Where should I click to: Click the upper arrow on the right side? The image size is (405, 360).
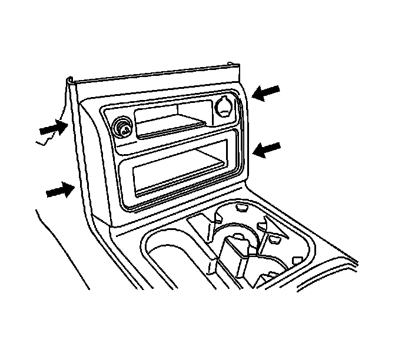pyautogui.click(x=266, y=92)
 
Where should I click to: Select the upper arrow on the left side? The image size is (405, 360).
pyautogui.click(x=53, y=126)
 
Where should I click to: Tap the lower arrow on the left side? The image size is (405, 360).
pyautogui.click(x=59, y=191)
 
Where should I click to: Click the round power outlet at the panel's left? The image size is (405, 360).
pyautogui.click(x=122, y=128)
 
